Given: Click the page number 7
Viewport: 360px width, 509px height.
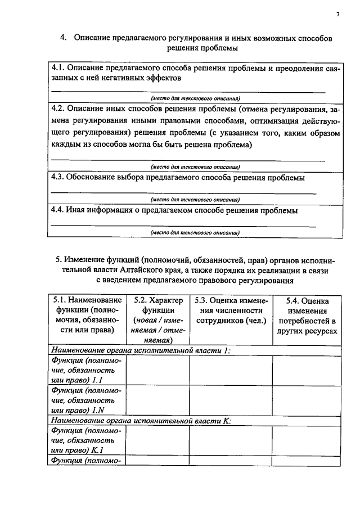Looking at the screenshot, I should tap(337, 15).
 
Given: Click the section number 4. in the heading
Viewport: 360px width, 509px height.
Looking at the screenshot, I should tap(64, 38).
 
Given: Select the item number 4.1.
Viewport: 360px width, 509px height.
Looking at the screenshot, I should tap(58, 68).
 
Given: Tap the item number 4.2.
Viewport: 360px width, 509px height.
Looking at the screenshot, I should tap(58, 108).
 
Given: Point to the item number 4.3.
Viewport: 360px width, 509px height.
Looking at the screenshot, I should tap(58, 177).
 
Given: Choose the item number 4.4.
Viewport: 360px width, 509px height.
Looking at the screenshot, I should tap(58, 210).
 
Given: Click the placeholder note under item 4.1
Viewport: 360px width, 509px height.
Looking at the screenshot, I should tap(195, 97).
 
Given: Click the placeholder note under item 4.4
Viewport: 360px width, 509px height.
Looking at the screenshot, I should tap(195, 232).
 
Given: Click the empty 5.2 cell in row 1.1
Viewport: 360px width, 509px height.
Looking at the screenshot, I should tap(157, 370).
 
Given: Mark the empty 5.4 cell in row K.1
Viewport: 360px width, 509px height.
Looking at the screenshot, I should tap(307, 440).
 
